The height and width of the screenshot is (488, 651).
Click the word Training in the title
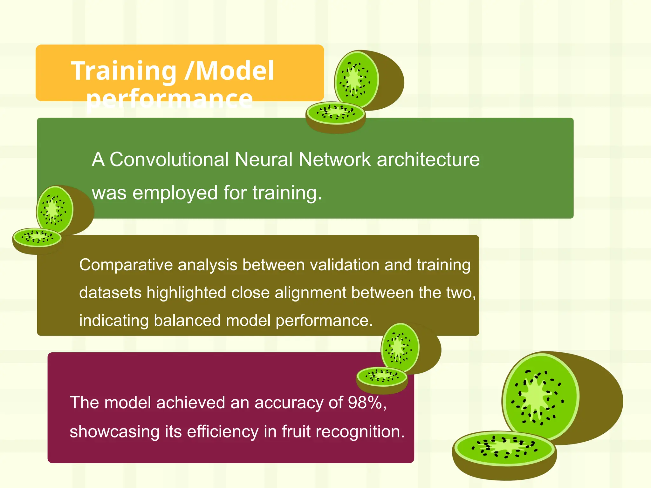(x=124, y=71)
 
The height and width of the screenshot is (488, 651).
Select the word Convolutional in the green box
(x=169, y=159)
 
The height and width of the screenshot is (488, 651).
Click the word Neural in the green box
(x=264, y=159)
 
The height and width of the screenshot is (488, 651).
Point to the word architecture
(x=428, y=159)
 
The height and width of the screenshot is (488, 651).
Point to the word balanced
(x=187, y=320)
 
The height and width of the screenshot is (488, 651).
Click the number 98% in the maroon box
(x=365, y=403)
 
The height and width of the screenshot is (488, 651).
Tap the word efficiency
(x=223, y=432)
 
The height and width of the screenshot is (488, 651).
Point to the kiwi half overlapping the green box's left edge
(x=55, y=209)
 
